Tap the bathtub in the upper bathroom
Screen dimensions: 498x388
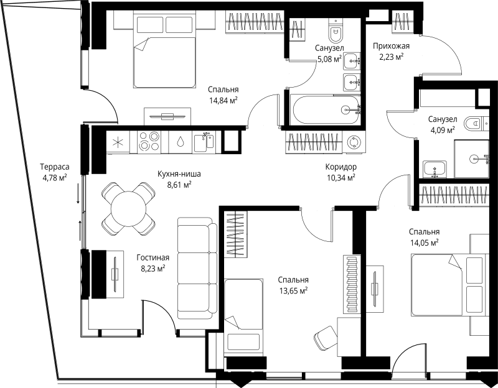point(326,110)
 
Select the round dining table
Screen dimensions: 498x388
point(128,209)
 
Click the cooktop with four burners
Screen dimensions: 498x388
point(149,142)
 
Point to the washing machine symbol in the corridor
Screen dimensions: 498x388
point(353,143)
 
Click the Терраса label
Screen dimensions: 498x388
point(55,167)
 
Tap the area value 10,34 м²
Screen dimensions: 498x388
point(341,177)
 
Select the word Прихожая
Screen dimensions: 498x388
point(391,46)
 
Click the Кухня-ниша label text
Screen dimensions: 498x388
point(179,174)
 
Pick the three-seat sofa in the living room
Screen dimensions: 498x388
point(197,269)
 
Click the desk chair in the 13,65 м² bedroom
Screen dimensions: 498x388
point(326,338)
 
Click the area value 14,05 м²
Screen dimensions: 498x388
point(425,242)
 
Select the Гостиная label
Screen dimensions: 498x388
point(153,257)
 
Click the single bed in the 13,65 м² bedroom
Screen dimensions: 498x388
point(243,316)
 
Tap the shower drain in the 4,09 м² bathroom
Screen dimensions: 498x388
point(474,159)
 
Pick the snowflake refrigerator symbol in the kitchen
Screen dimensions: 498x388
point(118,142)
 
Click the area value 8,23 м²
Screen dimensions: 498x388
point(153,269)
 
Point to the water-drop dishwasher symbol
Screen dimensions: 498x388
point(181,142)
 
